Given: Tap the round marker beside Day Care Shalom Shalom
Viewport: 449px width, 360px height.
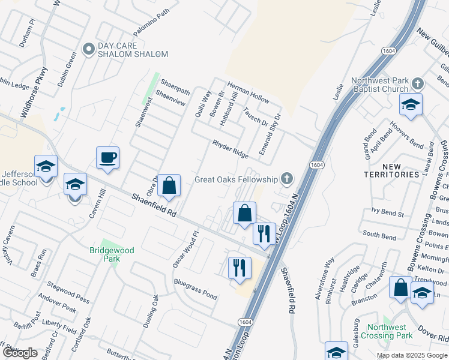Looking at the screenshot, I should tap(89, 50).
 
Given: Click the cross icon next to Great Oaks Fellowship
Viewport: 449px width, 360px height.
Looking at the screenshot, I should tap(288, 179).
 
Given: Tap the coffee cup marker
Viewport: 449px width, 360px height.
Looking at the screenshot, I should tap(108, 158).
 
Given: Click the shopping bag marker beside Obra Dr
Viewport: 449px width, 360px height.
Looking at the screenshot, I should tap(169, 186).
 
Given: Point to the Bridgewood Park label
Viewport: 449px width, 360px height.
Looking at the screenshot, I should tap(112, 254).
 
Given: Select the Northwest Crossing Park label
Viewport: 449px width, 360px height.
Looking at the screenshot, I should tap(387, 331).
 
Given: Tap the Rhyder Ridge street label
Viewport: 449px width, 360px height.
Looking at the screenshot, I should tap(230, 149).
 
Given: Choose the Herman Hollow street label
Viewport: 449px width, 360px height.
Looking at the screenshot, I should tap(248, 92).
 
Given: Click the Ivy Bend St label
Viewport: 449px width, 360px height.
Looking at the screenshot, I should tap(388, 211).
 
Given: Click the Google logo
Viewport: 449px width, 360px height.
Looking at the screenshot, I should tap(20, 353).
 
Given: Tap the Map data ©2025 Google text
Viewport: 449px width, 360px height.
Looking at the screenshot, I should tap(411, 355).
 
